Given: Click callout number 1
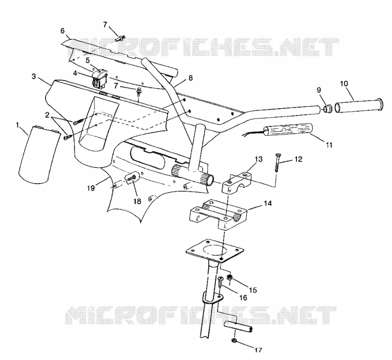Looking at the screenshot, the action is coord(18,125).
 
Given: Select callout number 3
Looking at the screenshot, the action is coord(34,76).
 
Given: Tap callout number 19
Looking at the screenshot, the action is coord(91,188).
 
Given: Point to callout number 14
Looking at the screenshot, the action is coord(268,203).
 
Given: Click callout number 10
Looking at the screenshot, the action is coord(344,83).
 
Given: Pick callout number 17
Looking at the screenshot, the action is coord(259,350).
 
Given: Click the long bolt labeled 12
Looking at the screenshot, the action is coord(277,163).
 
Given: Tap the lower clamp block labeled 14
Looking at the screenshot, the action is coord(219,215).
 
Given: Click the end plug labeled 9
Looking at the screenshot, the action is coord(327,109).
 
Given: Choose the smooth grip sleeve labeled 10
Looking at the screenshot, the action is coord(358,105).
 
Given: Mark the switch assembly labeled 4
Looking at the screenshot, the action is coord(99,78).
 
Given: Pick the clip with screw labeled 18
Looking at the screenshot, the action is coord(132,177).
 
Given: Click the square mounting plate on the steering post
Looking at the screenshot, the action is coord(215,251).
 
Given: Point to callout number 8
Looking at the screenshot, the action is coord(191,78).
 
